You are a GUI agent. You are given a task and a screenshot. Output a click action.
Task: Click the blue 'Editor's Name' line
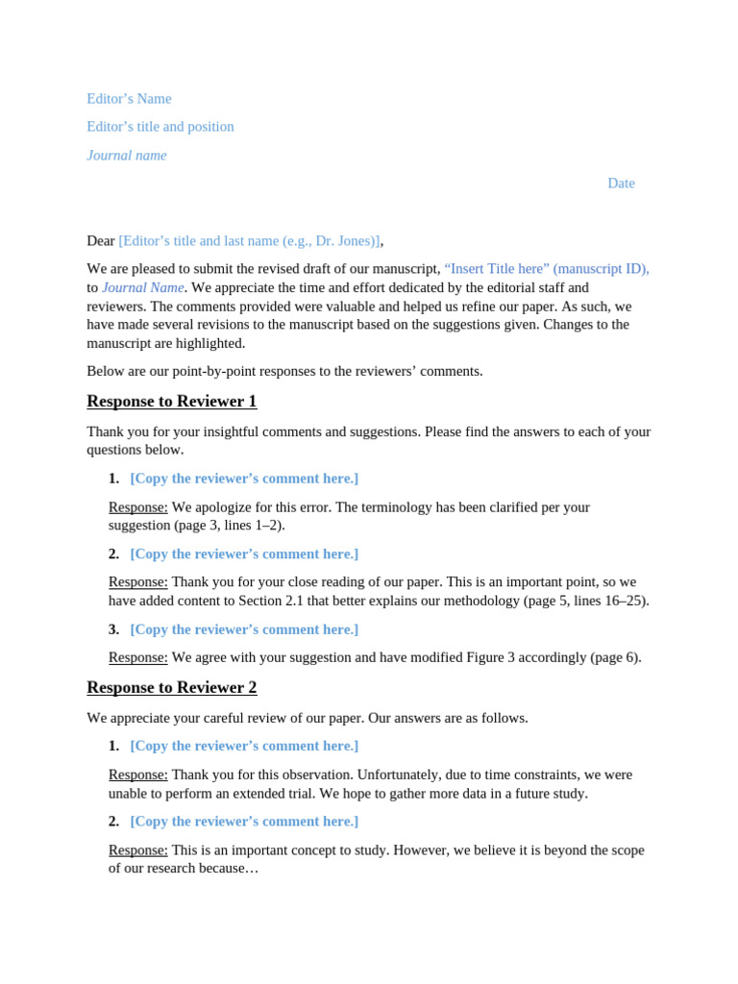pos(129,99)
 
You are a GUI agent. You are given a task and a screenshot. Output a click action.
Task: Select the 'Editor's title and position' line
pos(160,127)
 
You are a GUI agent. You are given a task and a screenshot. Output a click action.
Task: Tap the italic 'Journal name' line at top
pos(127,156)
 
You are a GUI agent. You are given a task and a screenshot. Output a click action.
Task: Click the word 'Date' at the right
pos(621,184)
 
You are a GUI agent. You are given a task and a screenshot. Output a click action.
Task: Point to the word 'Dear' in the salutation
pos(101,241)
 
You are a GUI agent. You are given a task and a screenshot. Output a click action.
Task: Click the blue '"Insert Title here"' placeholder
pos(496,269)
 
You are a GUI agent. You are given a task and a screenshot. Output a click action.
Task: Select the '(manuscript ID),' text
pos(602,269)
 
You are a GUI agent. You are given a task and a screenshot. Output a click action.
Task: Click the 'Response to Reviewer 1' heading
pos(172,402)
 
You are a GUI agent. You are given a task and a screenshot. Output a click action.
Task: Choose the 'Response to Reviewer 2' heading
pos(172,688)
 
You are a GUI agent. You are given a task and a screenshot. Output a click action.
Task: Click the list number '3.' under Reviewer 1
pos(113,629)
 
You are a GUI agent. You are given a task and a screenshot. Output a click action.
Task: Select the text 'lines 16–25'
pos(607,602)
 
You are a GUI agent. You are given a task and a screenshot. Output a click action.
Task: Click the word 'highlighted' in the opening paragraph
pos(209,343)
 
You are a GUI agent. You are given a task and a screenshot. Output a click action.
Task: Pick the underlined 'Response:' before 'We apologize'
pos(137,507)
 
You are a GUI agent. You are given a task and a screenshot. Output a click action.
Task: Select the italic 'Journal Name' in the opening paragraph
pos(143,287)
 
